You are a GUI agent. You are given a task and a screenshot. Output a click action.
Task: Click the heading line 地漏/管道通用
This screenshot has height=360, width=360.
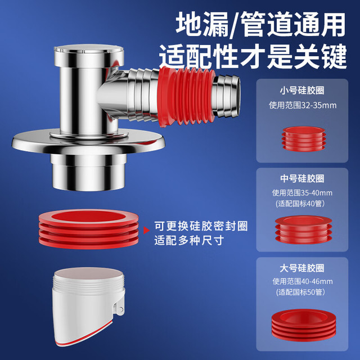point(260,25)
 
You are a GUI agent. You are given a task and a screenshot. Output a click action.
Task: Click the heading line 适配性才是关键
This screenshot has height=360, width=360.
point(253,57)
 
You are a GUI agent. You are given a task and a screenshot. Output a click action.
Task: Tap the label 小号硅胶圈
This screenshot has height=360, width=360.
point(302,91)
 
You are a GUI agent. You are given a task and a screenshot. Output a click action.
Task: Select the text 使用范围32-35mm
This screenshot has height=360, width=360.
point(303,105)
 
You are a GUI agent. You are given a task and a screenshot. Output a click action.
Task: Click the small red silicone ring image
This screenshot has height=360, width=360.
point(304,139)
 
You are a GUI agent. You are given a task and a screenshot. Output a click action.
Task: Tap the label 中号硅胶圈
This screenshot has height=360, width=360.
point(302,179)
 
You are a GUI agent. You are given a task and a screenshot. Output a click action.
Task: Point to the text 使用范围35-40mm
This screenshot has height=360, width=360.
point(302,193)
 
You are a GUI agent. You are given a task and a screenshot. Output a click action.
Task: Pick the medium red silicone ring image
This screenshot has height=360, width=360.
point(304,229)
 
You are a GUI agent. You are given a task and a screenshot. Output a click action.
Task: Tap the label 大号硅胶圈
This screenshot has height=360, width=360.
point(302,268)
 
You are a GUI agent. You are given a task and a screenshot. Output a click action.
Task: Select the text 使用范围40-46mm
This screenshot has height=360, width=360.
point(303,281)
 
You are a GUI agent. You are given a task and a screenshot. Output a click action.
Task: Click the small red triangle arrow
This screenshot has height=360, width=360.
point(146,230)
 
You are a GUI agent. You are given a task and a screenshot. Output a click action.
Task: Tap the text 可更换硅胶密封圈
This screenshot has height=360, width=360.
point(201,226)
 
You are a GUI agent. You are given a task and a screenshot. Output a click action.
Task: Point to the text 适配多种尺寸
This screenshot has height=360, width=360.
point(189,241)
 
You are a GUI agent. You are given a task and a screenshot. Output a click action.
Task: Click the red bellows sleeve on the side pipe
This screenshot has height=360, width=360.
point(186,97)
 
